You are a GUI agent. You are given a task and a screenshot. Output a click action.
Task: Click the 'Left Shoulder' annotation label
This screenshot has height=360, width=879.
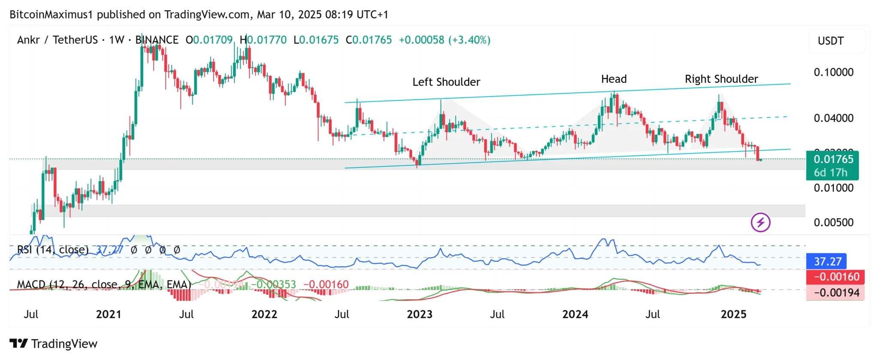pyautogui.click(x=446, y=82)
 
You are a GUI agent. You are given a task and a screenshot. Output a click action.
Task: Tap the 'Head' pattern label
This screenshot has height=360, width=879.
pyautogui.click(x=614, y=79)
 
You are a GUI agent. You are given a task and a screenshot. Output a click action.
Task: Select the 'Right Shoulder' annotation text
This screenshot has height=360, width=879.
pyautogui.click(x=721, y=79)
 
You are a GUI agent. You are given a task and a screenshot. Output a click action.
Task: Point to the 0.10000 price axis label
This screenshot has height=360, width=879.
pyautogui.click(x=834, y=72)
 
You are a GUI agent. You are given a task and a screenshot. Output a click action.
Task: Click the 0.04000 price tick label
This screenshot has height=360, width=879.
pyautogui.click(x=834, y=118)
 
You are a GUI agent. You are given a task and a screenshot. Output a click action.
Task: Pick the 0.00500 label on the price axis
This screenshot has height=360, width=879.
pyautogui.click(x=834, y=222)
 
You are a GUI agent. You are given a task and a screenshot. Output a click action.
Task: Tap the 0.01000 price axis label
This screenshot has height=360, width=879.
pyautogui.click(x=834, y=188)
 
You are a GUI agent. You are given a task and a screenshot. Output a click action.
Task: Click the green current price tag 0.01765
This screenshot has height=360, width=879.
pyautogui.click(x=833, y=160)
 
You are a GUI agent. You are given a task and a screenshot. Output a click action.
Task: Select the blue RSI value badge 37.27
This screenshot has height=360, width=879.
pyautogui.click(x=827, y=261)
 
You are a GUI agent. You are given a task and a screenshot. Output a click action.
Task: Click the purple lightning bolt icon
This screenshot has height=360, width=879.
pyautogui.click(x=761, y=222)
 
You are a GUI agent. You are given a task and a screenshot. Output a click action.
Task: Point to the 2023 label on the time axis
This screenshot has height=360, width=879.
pyautogui.click(x=419, y=315)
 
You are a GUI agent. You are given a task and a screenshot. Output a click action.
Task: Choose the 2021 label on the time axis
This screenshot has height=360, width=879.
pyautogui.click(x=109, y=315)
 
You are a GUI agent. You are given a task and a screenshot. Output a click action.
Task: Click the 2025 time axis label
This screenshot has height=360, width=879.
pyautogui.click(x=734, y=315)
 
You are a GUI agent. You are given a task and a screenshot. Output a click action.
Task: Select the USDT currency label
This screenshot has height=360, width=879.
pyautogui.click(x=831, y=41)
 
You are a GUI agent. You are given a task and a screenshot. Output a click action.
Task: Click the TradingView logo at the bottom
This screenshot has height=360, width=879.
pyautogui.click(x=54, y=344)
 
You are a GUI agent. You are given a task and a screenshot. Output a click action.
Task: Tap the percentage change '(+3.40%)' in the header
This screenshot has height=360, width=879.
pyautogui.click(x=469, y=40)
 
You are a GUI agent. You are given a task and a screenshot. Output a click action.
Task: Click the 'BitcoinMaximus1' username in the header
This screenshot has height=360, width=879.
pyautogui.click(x=51, y=15)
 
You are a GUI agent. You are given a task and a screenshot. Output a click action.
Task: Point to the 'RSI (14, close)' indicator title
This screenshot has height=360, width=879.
pyautogui.click(x=53, y=250)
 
